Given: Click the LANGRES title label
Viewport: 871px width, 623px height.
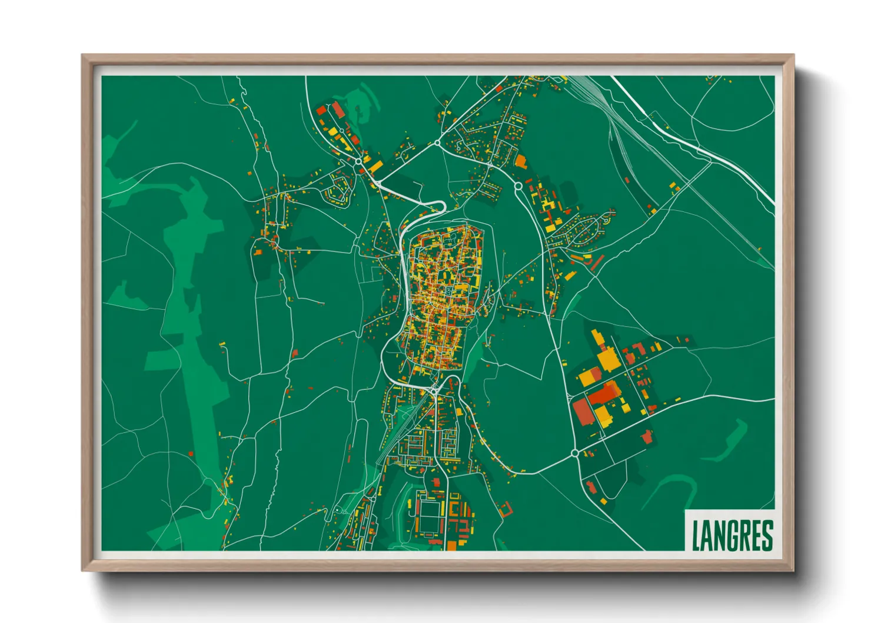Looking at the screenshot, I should click(x=732, y=534).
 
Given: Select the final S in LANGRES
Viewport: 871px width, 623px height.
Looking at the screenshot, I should click(x=766, y=535).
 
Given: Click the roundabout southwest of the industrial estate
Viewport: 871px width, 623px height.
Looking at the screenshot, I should click(x=574, y=453).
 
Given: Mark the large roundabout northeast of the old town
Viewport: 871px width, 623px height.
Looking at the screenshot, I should click(x=518, y=186).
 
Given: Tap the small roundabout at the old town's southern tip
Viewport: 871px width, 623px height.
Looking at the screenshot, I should click(x=434, y=390).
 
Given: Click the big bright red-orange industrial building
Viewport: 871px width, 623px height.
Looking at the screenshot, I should click(x=603, y=393).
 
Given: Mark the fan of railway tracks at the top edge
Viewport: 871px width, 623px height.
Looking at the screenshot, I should click(x=589, y=88).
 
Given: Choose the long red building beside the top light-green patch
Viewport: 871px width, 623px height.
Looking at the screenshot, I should click(x=338, y=110).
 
